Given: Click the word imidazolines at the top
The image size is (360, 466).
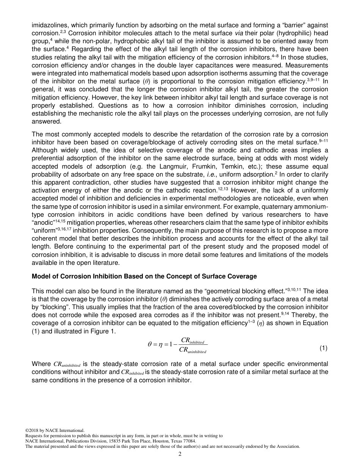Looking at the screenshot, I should point(47,25).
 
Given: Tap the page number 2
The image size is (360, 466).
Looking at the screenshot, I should point(180,454).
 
